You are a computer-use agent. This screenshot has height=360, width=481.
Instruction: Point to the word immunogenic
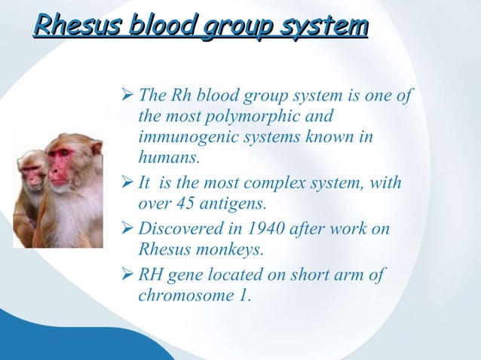click(x=186, y=138)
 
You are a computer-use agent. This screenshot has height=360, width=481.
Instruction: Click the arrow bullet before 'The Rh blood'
click(x=127, y=98)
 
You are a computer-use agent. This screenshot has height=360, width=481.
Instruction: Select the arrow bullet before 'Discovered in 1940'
click(x=127, y=229)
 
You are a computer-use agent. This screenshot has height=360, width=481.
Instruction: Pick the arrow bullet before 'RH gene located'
click(x=127, y=275)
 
